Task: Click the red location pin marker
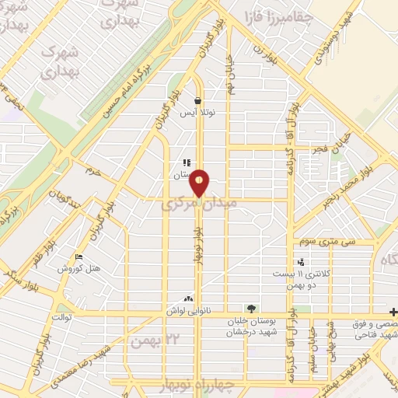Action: coord(200,183)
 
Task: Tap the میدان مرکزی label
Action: coord(190,207)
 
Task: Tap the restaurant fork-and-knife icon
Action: coord(186,163)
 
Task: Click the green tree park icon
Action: coord(250,308)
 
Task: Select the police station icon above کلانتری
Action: coord(301,263)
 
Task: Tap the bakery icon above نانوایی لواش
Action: coord(187,298)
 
